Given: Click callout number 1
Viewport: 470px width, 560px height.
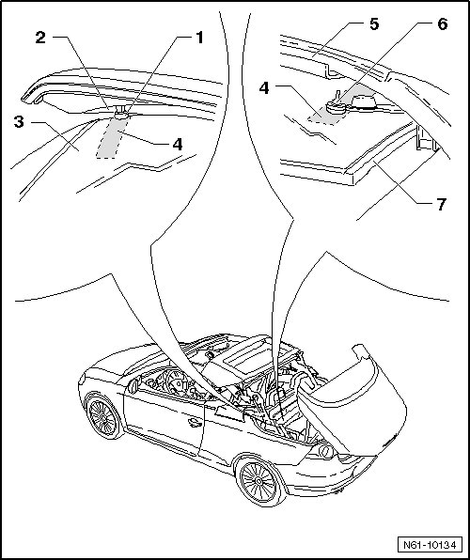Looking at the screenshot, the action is (199, 38).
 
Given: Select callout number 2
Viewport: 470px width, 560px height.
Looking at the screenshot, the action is (40, 38).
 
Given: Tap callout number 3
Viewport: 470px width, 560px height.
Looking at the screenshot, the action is (19, 122).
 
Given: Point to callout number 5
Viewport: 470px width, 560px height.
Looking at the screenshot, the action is (374, 24).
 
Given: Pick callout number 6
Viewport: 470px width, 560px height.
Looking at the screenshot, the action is (442, 24).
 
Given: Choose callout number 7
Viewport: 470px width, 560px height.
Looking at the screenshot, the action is (442, 205).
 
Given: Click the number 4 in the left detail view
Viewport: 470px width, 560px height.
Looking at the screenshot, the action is (178, 145).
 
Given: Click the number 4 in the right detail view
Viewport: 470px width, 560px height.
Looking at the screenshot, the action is (264, 88).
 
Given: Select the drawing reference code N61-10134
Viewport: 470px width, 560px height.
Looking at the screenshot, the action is (430, 545).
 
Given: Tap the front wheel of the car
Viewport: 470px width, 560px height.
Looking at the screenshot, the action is (103, 417).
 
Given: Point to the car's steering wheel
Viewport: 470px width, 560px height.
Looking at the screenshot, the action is (176, 381).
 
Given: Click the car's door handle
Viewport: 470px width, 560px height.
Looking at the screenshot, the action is (195, 423).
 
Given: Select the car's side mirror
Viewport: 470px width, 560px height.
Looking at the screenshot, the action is (133, 386).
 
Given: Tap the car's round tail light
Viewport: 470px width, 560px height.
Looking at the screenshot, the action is (325, 451).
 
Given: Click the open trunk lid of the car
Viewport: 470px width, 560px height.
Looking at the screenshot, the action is (353, 400).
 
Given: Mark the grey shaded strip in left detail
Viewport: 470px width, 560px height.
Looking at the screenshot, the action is (111, 137).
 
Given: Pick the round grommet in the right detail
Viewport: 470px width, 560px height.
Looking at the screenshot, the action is (336, 107).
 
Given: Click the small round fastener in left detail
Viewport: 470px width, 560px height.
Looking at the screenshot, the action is (122, 115).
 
